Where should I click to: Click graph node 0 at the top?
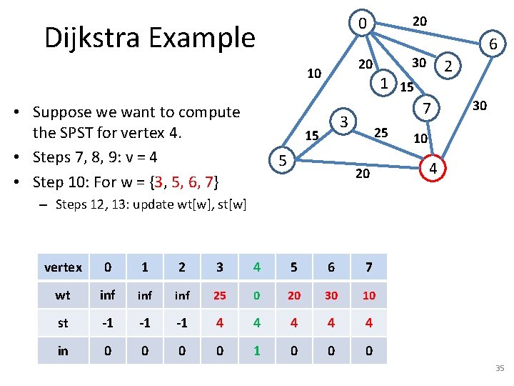[363, 24]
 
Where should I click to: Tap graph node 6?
[493, 46]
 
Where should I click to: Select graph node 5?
[283, 162]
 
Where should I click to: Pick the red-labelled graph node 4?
[430, 169]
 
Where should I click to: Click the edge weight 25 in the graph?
[381, 132]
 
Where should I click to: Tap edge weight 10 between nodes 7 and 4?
[421, 137]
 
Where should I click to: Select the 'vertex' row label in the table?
[63, 267]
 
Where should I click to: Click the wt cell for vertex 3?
[219, 295]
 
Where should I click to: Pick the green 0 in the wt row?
[257, 295]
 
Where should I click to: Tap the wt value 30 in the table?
[331, 295]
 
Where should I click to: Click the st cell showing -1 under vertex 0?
[107, 323]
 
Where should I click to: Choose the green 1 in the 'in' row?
[257, 351]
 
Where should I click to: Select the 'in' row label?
[63, 351]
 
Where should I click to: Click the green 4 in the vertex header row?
[257, 267]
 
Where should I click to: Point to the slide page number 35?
[499, 369]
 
